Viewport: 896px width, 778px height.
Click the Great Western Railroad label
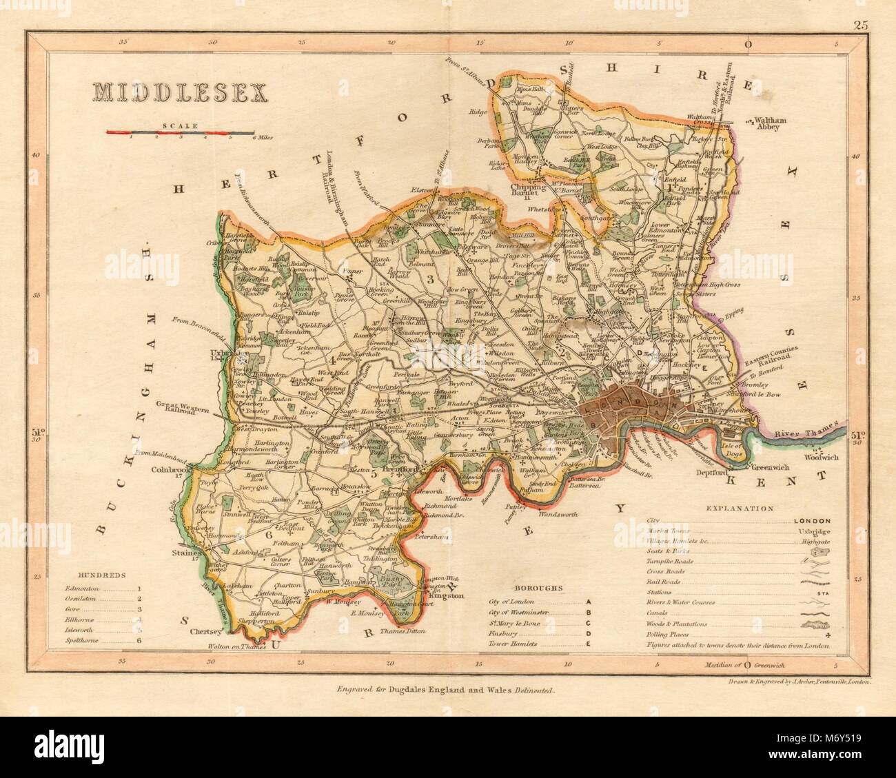185,407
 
